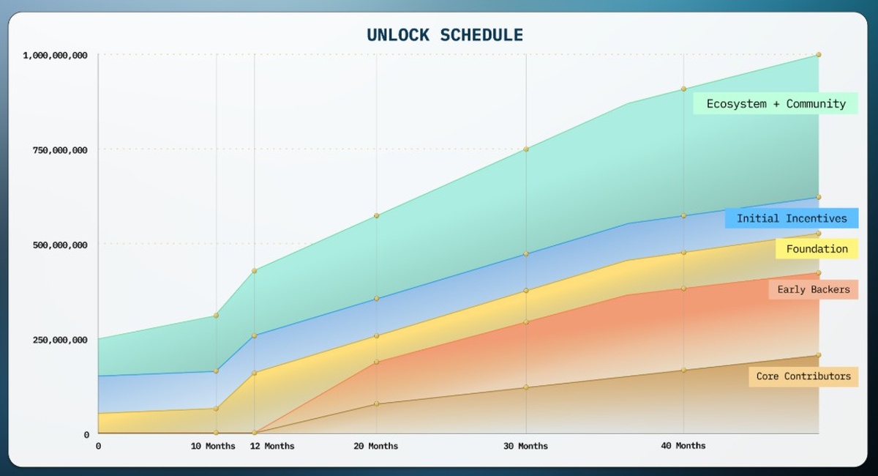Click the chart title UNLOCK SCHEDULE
pyautogui.click(x=444, y=35)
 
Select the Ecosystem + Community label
pyautogui.click(x=776, y=104)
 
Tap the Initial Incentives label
pyautogui.click(x=792, y=218)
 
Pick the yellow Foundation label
pyautogui.click(x=817, y=249)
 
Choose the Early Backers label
pyautogui.click(x=813, y=290)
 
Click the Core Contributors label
pyautogui.click(x=803, y=376)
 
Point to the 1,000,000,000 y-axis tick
pyautogui.click(x=56, y=55)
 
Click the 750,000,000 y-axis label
pyautogui.click(x=59, y=150)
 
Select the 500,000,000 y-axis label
pyautogui.click(x=59, y=245)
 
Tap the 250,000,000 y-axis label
pyautogui.click(x=59, y=340)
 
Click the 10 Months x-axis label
pyautogui.click(x=213, y=446)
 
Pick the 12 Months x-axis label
pyautogui.click(x=272, y=446)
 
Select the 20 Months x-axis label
pyautogui.click(x=376, y=446)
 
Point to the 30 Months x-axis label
pyautogui.click(x=525, y=446)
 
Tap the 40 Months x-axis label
pyautogui.click(x=683, y=445)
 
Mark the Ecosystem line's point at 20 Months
pyautogui.click(x=376, y=215)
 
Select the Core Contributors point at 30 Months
pyautogui.click(x=525, y=387)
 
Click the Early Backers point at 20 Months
pyautogui.click(x=376, y=362)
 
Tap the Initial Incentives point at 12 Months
pyautogui.click(x=254, y=335)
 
